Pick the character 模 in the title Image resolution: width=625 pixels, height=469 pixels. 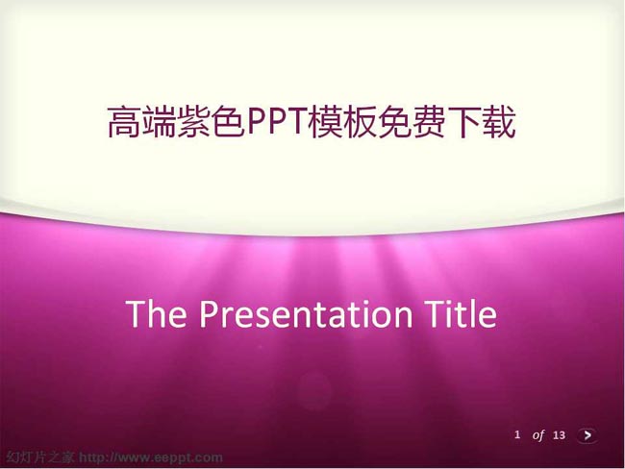pos(325,122)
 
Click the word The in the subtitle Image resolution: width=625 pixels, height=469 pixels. pos(156,313)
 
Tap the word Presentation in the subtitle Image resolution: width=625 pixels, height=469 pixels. pos(306,314)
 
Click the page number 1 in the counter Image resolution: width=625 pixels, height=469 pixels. pos(517,434)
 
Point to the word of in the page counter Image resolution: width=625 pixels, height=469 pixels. pos(538,435)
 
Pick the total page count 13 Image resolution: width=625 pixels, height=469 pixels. pos(560,434)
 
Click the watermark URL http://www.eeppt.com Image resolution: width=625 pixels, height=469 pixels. pos(151,457)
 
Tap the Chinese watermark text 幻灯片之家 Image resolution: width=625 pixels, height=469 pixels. pos(40,457)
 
